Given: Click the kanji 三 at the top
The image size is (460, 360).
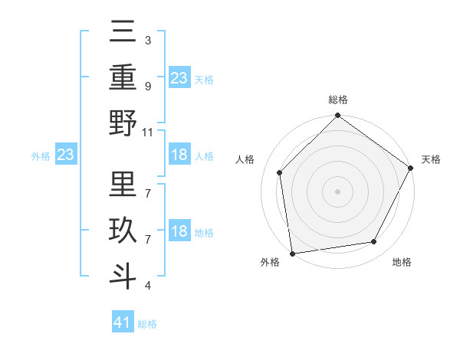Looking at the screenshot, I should tap(123, 34).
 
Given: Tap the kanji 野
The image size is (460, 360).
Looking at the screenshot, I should tap(123, 123).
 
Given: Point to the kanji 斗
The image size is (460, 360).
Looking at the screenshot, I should tap(123, 273).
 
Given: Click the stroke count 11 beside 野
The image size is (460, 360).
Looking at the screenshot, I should tap(149, 132).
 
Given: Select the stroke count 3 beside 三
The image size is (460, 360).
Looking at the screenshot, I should tap(148, 40).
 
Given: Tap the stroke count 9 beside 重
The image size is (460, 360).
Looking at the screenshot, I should tap(148, 86).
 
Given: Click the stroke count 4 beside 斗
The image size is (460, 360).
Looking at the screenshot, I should tap(148, 286).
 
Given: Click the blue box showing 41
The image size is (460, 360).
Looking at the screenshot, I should tap(123, 322).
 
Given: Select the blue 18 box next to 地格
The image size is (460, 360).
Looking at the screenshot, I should tap(179, 231).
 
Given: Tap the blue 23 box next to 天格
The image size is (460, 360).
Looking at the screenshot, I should tap(179, 78).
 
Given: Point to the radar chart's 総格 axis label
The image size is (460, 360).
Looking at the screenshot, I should tap(337, 100).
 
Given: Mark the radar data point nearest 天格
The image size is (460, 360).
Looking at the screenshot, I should tap(411, 168).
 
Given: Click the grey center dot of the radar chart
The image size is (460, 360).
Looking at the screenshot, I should tap(337, 191).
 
